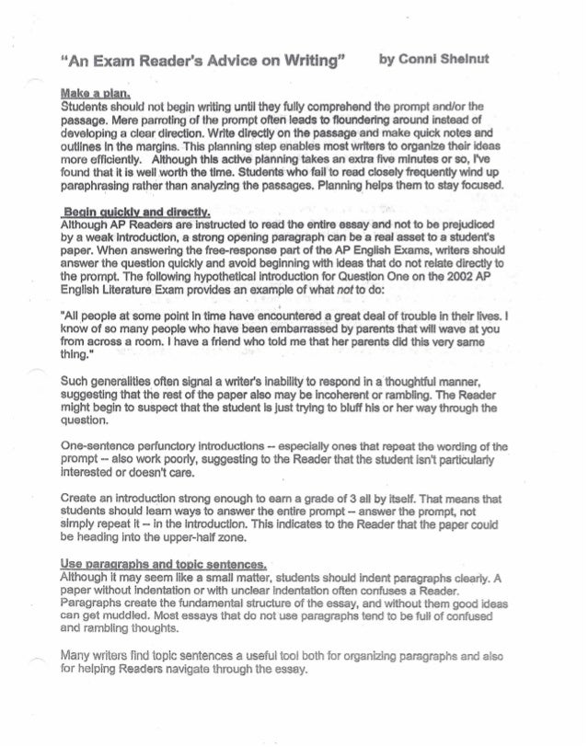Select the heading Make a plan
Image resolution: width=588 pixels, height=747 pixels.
tap(97, 94)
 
